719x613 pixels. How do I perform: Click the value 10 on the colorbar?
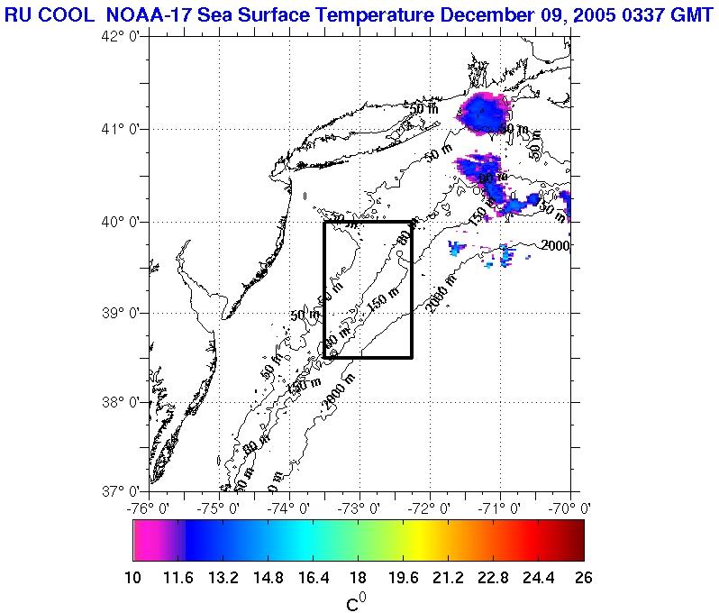133,578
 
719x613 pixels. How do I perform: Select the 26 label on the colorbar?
584,578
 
